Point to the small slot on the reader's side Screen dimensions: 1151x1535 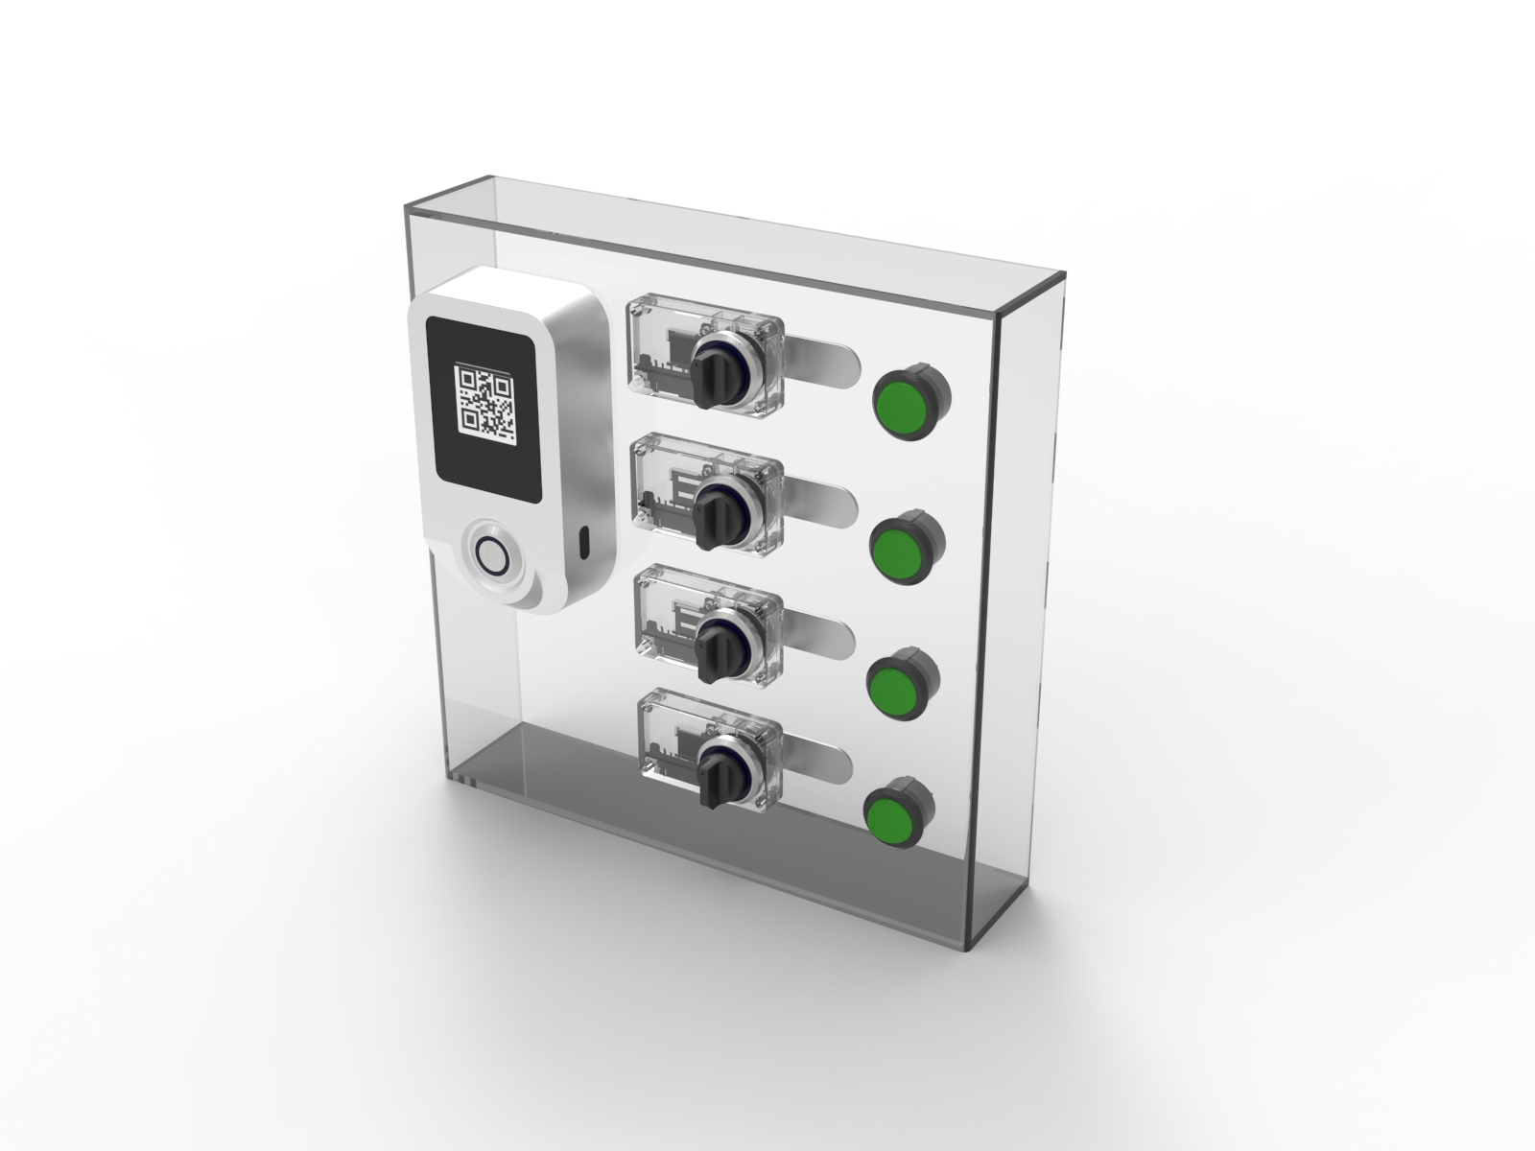(x=583, y=543)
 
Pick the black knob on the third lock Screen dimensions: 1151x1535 (x=715, y=644)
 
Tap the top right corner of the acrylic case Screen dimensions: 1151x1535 (x=1063, y=278)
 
